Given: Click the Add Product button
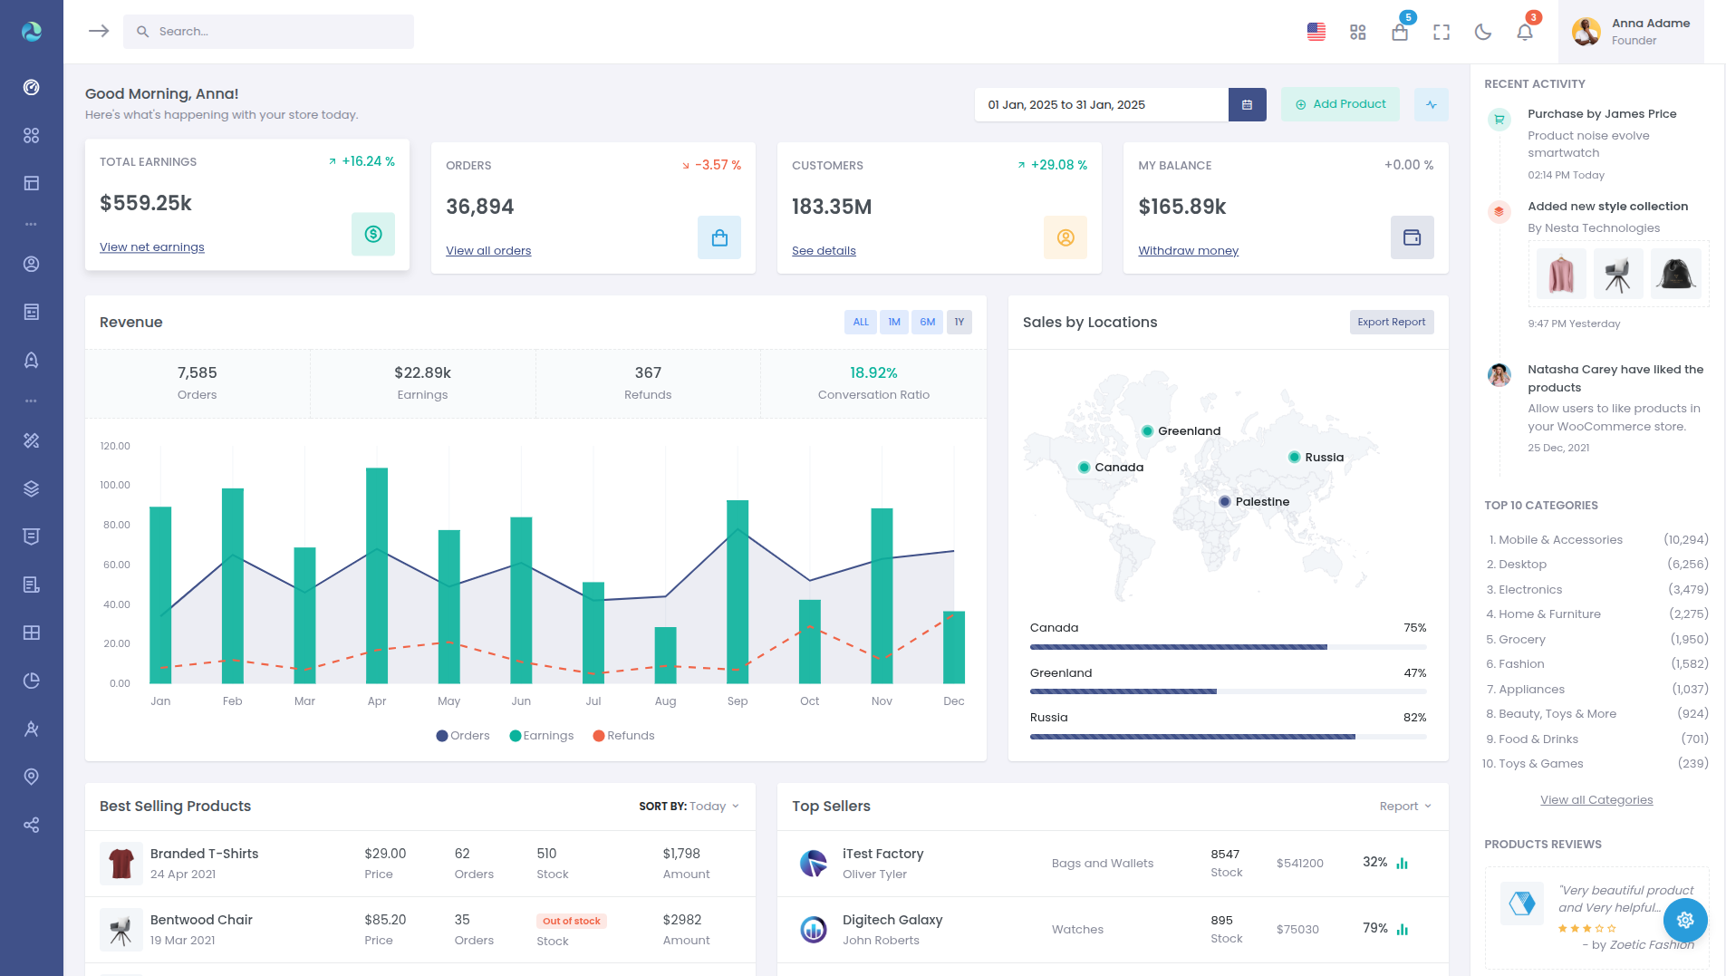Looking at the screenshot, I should pyautogui.click(x=1340, y=104).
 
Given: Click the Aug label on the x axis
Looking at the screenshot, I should pyautogui.click(x=665, y=701).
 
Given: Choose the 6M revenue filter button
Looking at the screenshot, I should pyautogui.click(x=927, y=322).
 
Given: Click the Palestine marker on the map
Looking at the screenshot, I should pyautogui.click(x=1225, y=501).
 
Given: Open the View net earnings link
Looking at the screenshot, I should pyautogui.click(x=152, y=247).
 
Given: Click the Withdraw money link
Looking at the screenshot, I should pyautogui.click(x=1188, y=251).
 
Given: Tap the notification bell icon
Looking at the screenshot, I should pyautogui.click(x=1525, y=33).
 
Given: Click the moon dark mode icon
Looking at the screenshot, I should pyautogui.click(x=1483, y=33).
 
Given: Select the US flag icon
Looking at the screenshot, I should pyautogui.click(x=1316, y=33).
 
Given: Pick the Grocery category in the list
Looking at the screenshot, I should pyautogui.click(x=1521, y=640).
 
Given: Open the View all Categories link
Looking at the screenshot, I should pyautogui.click(x=1596, y=800).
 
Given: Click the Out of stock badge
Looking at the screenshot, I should pyautogui.click(x=572, y=921).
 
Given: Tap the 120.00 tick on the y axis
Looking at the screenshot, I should pyautogui.click(x=115, y=446).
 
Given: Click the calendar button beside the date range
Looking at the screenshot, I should pyautogui.click(x=1247, y=105).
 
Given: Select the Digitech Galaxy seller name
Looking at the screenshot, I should pyautogui.click(x=892, y=920).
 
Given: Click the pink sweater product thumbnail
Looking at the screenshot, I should pyautogui.click(x=1561, y=274).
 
